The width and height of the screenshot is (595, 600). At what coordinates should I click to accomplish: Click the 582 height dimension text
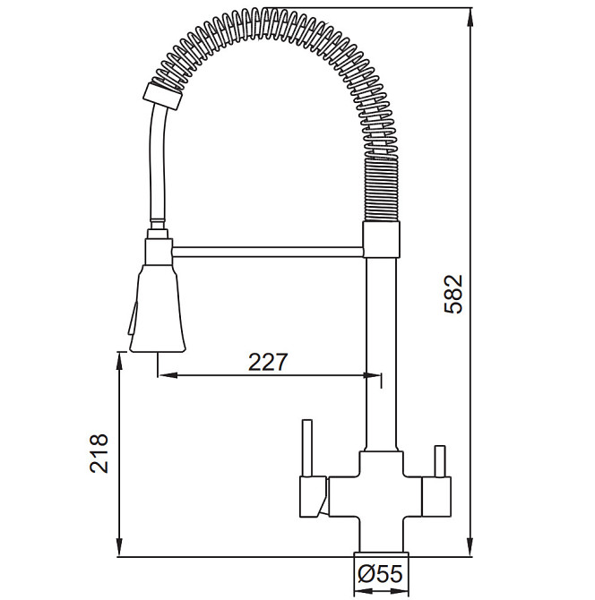point(453,295)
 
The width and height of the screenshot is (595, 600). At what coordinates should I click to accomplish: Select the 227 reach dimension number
point(268,362)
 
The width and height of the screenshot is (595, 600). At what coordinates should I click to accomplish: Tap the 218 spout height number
point(99,453)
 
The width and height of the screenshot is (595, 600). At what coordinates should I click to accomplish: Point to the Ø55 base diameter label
point(380,574)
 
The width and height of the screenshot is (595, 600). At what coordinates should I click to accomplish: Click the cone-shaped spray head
point(158,308)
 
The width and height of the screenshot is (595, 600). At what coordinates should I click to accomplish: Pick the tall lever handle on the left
point(307,448)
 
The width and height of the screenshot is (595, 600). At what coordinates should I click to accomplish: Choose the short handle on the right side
point(440,461)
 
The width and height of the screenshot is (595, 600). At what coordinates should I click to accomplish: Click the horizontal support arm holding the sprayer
point(268,252)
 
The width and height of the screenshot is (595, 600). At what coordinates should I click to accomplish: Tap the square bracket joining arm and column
point(381,239)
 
